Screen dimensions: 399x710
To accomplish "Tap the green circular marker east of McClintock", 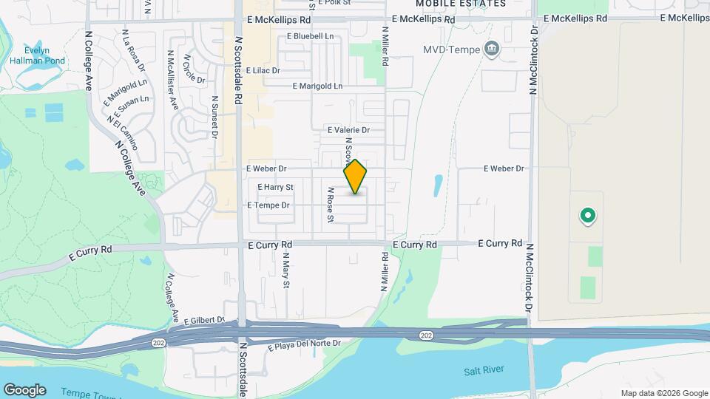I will [x=588, y=216].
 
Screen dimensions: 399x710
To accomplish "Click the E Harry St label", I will [x=276, y=187].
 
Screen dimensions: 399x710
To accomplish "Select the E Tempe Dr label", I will [x=268, y=205].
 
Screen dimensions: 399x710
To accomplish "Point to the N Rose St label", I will [x=331, y=205].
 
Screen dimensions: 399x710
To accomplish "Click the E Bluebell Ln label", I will [x=309, y=35].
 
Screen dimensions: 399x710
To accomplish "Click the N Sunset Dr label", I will [x=215, y=117].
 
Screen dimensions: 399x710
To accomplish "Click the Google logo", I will [x=24, y=390].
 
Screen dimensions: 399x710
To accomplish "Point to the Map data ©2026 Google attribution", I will [x=663, y=393].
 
